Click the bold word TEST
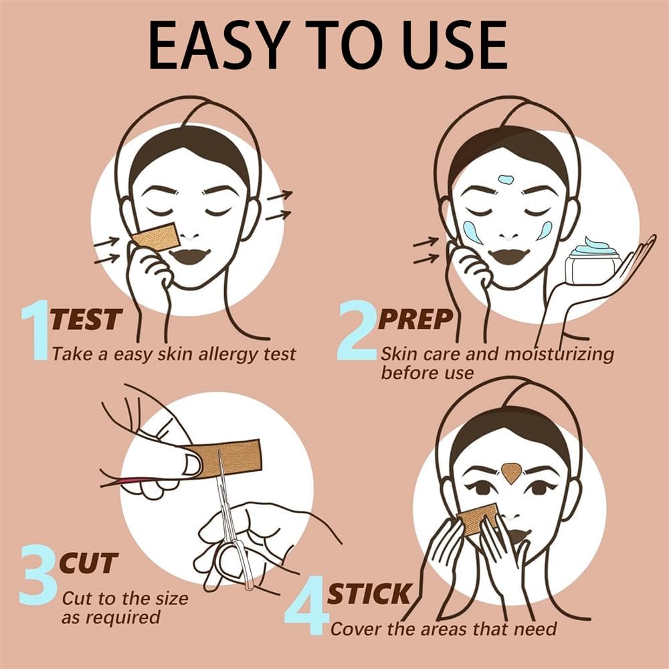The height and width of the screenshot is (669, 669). (x=86, y=319)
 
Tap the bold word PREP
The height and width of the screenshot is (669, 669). (x=415, y=319)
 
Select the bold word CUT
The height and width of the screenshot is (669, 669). (x=88, y=563)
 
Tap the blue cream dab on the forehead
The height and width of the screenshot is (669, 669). (x=506, y=179)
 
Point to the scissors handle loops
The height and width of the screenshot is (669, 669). (x=233, y=563)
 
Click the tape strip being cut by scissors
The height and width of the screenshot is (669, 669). (x=225, y=458)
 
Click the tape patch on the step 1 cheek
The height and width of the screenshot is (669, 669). (x=156, y=236)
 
